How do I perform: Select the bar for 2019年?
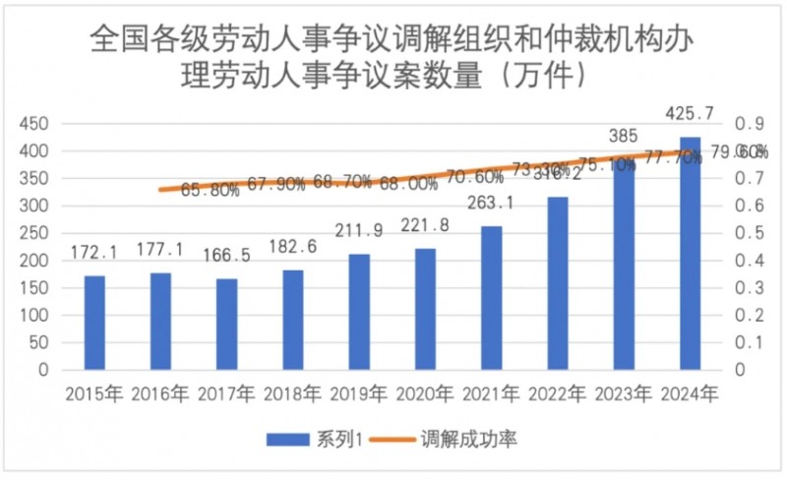click(x=359, y=312)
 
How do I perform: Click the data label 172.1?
click(x=93, y=253)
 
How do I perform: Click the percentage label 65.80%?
click(x=210, y=191)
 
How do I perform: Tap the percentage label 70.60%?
click(x=474, y=178)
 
